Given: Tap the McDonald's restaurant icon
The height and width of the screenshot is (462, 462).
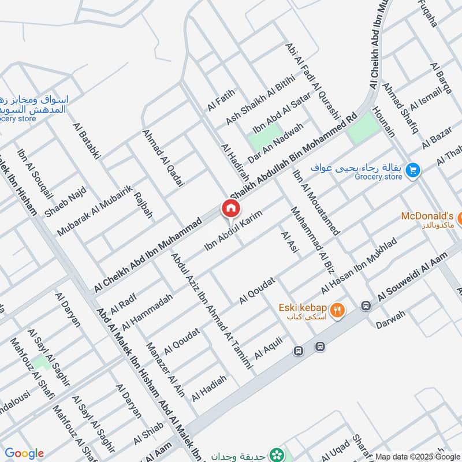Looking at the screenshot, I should click(460, 219).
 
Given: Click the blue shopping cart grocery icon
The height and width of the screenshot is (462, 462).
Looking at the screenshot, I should click(412, 170).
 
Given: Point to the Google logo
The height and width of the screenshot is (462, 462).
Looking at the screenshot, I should click(24, 453).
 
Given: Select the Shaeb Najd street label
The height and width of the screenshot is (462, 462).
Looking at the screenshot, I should click(65, 202).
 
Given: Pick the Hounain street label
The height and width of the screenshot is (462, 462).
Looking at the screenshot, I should click(384, 121).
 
